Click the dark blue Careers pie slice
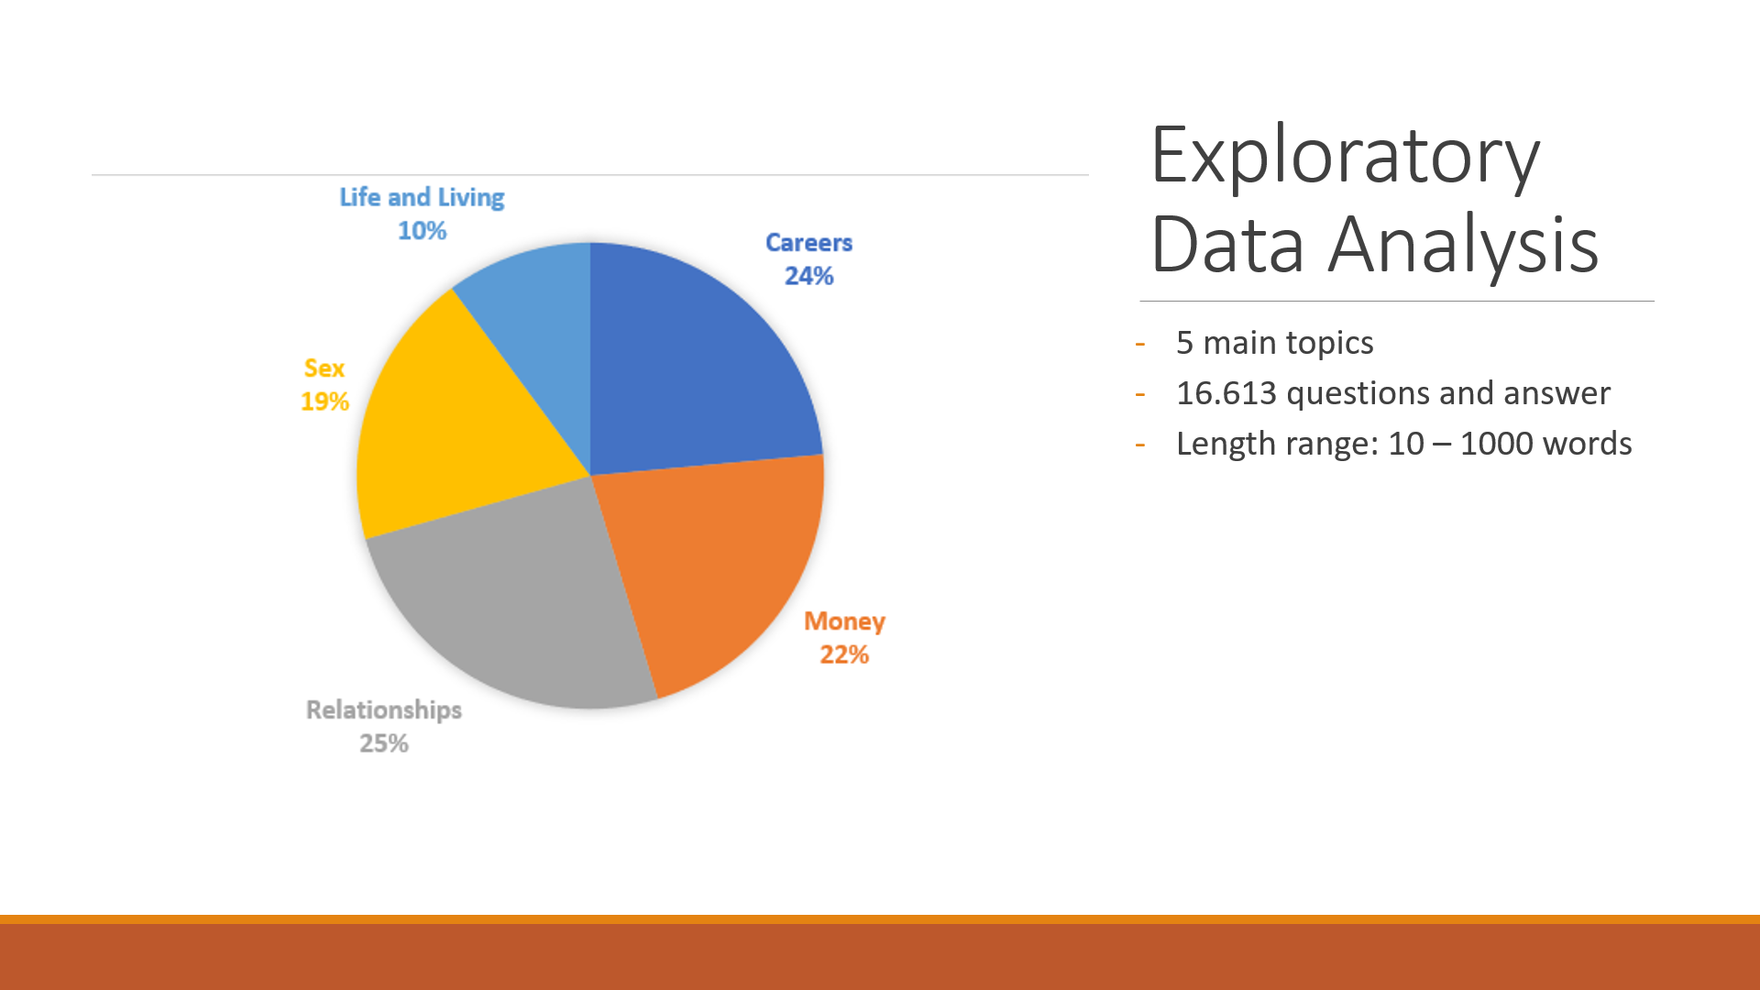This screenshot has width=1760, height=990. tap(697, 367)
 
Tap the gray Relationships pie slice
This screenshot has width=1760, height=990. tap(513, 605)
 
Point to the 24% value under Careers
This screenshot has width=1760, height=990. tap(808, 276)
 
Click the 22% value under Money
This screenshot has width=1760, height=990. tap(844, 654)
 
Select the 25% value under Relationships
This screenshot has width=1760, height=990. tap(384, 743)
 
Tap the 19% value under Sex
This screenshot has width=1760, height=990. tap(325, 401)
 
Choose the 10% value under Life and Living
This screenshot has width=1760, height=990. tap(422, 231)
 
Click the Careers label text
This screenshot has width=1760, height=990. tap(808, 243)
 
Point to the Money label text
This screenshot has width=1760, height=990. tap(844, 622)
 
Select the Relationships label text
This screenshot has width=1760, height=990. tap(384, 710)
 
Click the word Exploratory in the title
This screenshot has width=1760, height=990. tap(1345, 158)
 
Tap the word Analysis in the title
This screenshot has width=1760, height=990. tap(1464, 245)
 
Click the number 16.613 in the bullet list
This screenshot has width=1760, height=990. tap(1226, 393)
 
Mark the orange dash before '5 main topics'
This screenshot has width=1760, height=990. tap(1140, 344)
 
